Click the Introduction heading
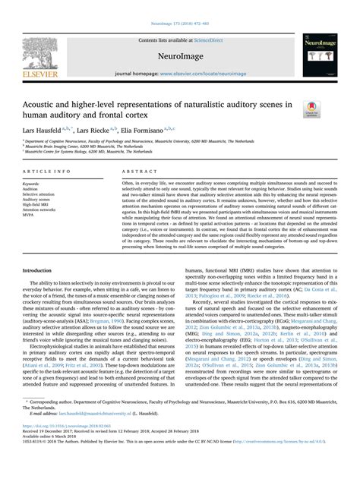[37, 248]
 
